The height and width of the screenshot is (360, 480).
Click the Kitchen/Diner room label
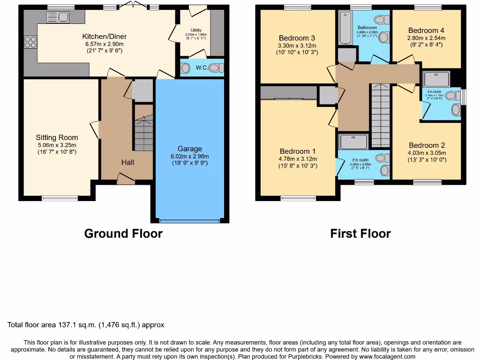pyautogui.click(x=104, y=37)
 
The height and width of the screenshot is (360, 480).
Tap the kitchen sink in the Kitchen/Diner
pyautogui.click(x=58, y=18)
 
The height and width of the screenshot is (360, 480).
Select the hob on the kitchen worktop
pyautogui.click(x=30, y=42)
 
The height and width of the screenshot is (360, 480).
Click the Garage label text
pyautogui.click(x=189, y=149)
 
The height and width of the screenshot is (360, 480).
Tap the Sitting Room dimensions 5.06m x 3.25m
pyautogui.click(x=57, y=145)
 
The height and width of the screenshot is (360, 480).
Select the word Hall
pyautogui.click(x=127, y=162)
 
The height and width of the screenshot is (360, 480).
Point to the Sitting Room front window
pyautogui.click(x=60, y=198)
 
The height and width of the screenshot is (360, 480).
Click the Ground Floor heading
pyautogui.click(x=123, y=233)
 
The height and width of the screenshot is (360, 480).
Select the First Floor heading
pyautogui.click(x=360, y=233)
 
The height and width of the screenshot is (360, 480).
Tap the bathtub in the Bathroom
pyautogui.click(x=345, y=28)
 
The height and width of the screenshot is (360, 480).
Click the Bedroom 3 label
pyautogui.click(x=297, y=38)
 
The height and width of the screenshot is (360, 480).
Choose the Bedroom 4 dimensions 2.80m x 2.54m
pyautogui.click(x=426, y=38)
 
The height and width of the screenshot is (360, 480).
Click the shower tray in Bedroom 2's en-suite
pyautogui.click(x=437, y=78)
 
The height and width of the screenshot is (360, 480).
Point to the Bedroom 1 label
pyautogui.click(x=298, y=151)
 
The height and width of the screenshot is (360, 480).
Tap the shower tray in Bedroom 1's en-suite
pyautogui.click(x=354, y=142)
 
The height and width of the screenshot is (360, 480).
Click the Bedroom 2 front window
pyautogui.click(x=427, y=182)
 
